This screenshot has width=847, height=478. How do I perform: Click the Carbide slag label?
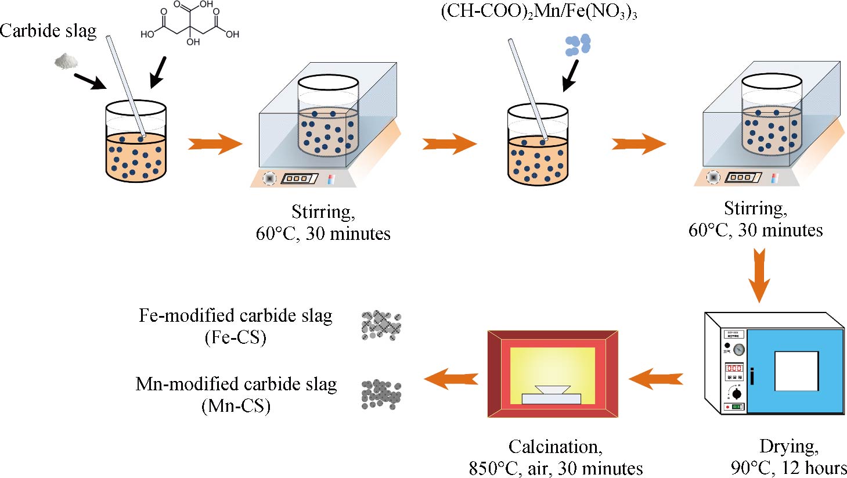pyautogui.click(x=48, y=30)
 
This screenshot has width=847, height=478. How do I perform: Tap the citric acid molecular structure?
pyautogui.click(x=190, y=24)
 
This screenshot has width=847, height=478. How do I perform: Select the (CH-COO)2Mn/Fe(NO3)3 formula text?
pyautogui.click(x=539, y=12)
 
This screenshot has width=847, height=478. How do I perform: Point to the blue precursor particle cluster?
pyautogui.click(x=578, y=45)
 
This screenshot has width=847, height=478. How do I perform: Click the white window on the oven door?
pyautogui.click(x=796, y=371)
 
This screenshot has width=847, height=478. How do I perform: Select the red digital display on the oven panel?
pyautogui.click(x=734, y=368)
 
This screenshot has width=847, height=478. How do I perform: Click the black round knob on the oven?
pyautogui.click(x=737, y=394)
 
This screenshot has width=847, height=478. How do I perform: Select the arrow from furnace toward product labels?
pyautogui.click(x=451, y=379)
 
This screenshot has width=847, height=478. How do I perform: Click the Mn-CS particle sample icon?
pyautogui.click(x=381, y=394)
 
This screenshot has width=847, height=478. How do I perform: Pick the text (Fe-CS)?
pyautogui.click(x=235, y=337)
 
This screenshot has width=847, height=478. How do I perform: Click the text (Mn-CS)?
pyautogui.click(x=236, y=405)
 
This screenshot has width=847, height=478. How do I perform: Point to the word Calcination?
pyautogui.click(x=555, y=446)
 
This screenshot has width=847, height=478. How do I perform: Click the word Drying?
pyautogui.click(x=789, y=446)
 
